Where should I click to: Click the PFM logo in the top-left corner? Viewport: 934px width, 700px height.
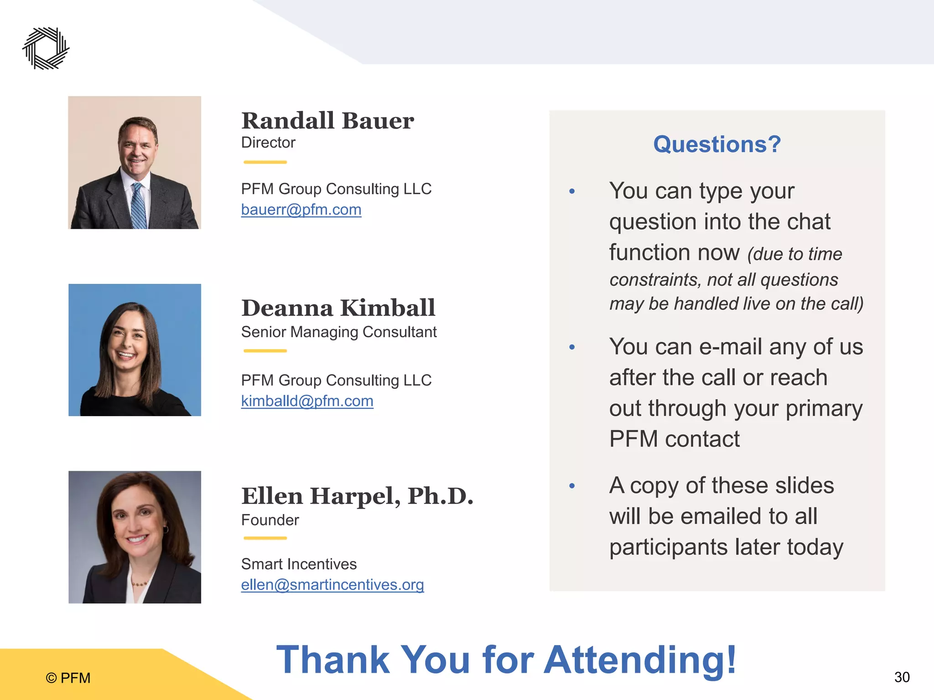[x=46, y=48]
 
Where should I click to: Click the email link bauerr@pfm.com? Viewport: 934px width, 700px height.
[x=301, y=210]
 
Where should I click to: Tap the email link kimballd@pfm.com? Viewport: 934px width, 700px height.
[x=307, y=401]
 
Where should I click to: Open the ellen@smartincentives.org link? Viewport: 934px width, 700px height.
[x=332, y=585]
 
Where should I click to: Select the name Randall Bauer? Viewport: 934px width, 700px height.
[x=327, y=121]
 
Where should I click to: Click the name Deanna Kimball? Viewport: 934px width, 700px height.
[x=338, y=308]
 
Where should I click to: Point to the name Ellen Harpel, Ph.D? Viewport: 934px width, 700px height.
[x=357, y=496]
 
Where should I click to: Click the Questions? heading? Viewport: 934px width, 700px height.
[x=717, y=144]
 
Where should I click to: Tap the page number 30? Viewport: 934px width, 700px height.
[x=902, y=677]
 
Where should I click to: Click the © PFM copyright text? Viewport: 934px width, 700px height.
[x=68, y=678]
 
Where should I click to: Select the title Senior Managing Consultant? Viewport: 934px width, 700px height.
[x=339, y=332]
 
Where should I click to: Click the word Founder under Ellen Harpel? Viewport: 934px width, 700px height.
[x=270, y=520]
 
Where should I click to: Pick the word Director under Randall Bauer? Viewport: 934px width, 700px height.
[x=268, y=143]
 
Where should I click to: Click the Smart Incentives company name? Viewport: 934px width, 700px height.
[x=299, y=564]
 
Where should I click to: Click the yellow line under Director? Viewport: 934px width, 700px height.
[x=265, y=162]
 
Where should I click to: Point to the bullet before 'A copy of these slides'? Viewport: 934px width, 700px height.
[x=572, y=486]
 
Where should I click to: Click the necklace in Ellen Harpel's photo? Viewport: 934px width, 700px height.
[x=140, y=583]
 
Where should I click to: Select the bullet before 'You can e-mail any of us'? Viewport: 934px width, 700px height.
[x=572, y=348]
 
